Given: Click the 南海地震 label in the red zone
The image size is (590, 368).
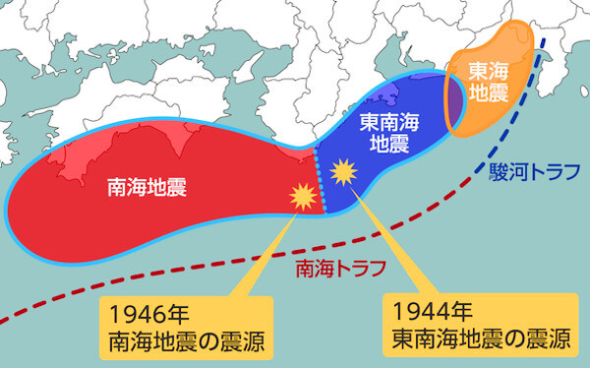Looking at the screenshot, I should coord(147,183).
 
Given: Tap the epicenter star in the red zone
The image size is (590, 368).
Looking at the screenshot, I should coord(300,197).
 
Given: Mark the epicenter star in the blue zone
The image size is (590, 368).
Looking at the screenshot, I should coord(343,173).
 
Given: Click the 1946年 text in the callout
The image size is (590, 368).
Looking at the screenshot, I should coord(145,314).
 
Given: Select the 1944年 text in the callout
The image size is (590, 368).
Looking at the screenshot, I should coord(428,314).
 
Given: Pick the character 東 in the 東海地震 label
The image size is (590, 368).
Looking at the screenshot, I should coord(477,71).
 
